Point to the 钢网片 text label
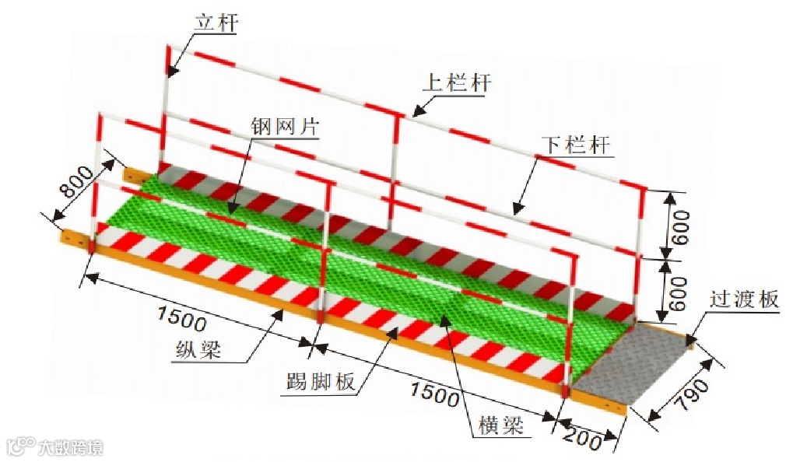point(284,127)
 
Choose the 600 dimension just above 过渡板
point(679,292)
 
